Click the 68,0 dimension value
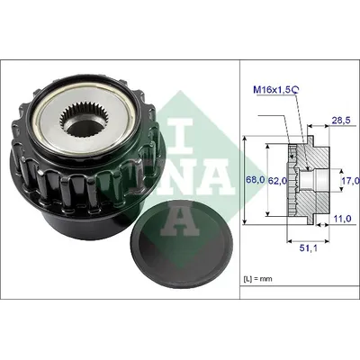(255, 180)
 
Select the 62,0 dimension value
(277, 180)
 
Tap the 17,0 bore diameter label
(350, 180)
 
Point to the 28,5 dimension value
(341, 120)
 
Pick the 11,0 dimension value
(342, 219)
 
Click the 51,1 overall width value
(309, 247)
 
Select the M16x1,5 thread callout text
(273, 89)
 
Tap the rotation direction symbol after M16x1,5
(295, 89)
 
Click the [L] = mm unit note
(257, 279)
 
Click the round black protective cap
(182, 245)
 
